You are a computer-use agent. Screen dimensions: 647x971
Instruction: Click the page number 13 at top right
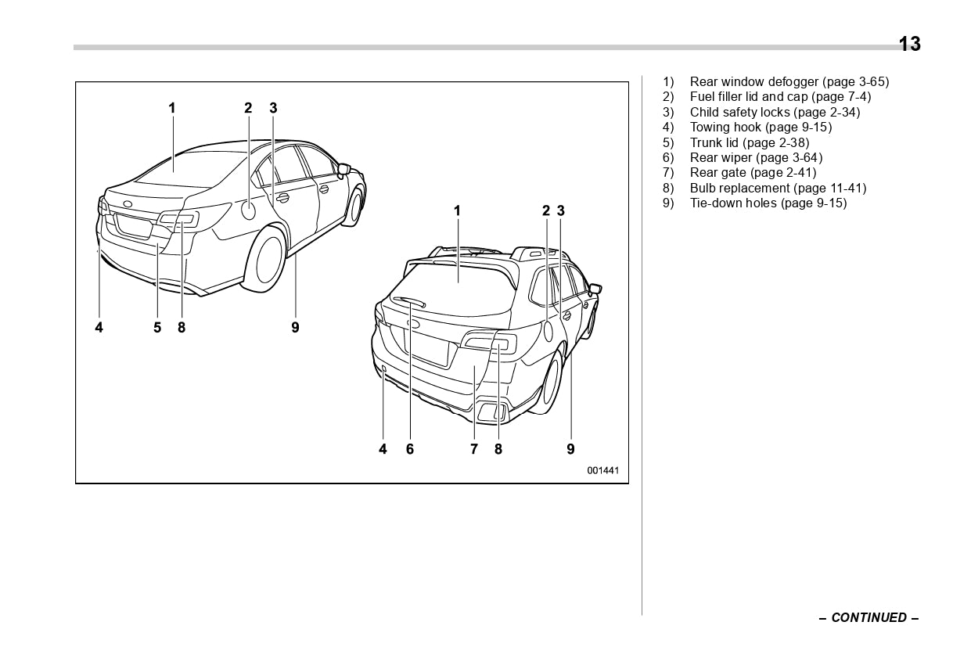point(909,44)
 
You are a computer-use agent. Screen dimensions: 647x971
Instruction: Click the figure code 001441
point(602,470)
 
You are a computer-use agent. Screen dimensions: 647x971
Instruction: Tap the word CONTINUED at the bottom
point(869,617)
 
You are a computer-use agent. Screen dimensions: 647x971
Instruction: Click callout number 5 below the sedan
point(157,328)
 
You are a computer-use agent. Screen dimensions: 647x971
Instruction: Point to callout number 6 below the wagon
point(410,449)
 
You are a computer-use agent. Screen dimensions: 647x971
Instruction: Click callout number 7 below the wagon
point(474,449)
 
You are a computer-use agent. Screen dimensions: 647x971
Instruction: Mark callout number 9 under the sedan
point(295,328)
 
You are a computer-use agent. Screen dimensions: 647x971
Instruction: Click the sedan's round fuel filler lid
point(248,210)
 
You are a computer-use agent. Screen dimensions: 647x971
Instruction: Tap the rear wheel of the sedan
point(269,257)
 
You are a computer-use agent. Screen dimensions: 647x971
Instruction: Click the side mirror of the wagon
point(594,289)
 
